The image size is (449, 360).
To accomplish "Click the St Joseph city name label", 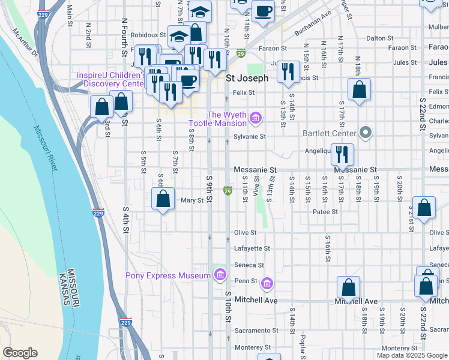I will (247, 78).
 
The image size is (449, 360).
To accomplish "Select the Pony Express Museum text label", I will (167, 275).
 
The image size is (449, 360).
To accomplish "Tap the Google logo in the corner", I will (20, 353).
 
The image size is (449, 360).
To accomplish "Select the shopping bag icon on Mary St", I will (163, 199).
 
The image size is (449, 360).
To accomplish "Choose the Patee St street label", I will (325, 212).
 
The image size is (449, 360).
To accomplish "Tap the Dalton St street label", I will (379, 38).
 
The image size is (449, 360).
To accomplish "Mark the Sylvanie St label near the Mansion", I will (249, 136).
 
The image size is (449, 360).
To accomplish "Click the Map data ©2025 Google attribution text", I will (412, 355).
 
